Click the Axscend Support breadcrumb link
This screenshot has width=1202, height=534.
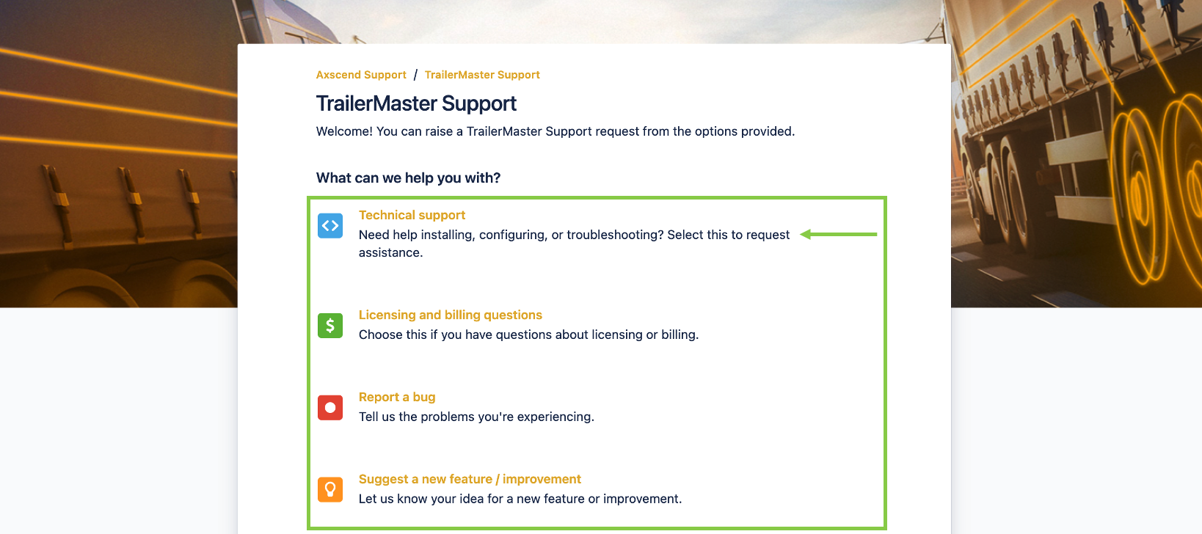(x=360, y=75)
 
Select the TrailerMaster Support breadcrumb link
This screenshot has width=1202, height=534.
(x=482, y=75)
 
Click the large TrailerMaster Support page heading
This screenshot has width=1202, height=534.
(x=416, y=103)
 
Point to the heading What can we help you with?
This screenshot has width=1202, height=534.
(x=408, y=178)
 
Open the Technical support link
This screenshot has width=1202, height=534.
(x=412, y=215)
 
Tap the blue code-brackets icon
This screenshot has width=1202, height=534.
(x=330, y=226)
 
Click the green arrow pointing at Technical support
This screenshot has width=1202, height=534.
(x=838, y=234)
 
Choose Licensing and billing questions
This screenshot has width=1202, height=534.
(x=451, y=315)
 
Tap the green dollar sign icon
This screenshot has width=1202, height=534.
(x=330, y=326)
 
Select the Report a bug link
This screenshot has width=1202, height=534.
(x=396, y=398)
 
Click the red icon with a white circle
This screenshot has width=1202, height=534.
(x=330, y=408)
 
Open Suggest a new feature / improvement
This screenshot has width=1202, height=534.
(x=470, y=479)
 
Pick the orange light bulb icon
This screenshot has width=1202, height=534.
(x=330, y=489)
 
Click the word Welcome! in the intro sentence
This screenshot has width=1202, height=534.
(x=344, y=131)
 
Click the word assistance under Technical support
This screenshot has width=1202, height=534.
(x=390, y=252)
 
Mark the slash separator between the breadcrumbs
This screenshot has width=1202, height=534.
(x=415, y=75)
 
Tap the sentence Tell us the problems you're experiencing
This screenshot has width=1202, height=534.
(x=476, y=417)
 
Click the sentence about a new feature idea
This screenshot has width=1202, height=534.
(x=520, y=499)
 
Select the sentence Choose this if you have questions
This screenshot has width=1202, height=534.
(x=528, y=335)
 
